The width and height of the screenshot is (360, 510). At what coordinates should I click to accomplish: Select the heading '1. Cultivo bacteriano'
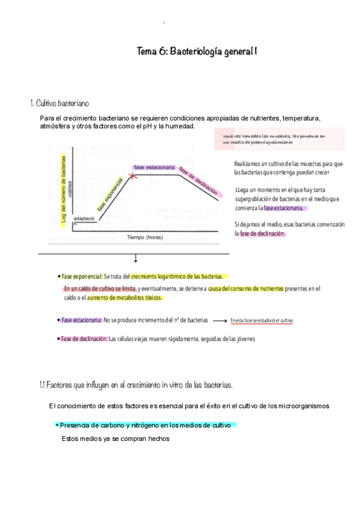coord(60,103)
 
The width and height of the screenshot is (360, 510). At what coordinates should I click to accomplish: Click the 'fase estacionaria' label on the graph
coord(154,167)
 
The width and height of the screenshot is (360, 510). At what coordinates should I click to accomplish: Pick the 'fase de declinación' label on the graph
coord(198,180)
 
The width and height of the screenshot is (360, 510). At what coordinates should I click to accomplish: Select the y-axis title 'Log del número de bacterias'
coord(64,189)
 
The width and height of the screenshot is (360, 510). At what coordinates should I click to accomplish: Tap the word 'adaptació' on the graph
coord(85,219)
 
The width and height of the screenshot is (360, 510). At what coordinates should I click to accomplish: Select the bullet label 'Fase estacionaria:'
coord(82,321)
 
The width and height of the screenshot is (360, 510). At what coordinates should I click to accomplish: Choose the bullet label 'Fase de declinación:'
coord(84,339)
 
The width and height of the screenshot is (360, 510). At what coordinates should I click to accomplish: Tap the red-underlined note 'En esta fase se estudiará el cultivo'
coord(261,321)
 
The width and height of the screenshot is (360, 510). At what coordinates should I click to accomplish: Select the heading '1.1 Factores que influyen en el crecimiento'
coord(132,384)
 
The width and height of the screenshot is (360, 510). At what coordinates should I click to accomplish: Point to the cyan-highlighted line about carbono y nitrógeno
coord(146,425)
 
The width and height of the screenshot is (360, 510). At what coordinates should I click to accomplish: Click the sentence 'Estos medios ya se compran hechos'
coord(116,439)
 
